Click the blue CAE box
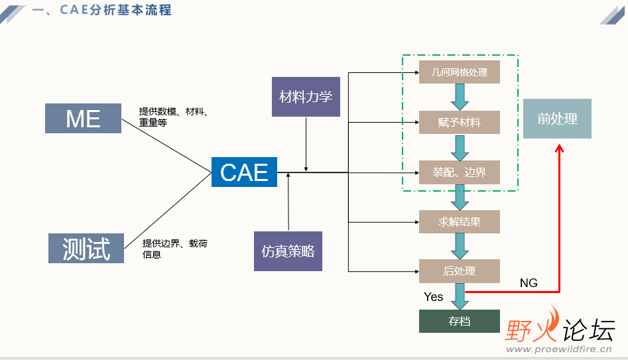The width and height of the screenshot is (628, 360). point(244,172)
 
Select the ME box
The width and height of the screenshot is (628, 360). point(84,119)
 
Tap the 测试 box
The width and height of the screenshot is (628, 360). point(86,248)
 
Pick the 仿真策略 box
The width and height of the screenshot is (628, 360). point(288,251)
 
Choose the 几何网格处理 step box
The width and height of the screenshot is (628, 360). point(459,72)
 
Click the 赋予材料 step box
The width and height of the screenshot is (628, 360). point(459,123)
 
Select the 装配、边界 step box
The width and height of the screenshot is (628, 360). point(459,172)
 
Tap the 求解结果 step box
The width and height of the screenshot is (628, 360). point(459,221)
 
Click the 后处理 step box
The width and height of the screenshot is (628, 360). point(459,271)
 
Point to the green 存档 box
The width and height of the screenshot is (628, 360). point(459,321)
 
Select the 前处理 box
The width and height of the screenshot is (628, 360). point(557,119)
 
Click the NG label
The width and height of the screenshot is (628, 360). point(529,283)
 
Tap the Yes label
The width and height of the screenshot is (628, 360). point(433,297)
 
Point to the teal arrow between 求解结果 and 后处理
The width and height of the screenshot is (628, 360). point(459,246)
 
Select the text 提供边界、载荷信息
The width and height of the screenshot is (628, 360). point(174,249)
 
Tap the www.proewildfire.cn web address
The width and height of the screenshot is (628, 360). point(558,349)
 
